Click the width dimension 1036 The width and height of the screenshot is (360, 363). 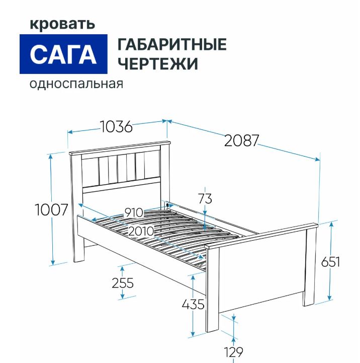[117, 126]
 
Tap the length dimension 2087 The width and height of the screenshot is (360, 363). [241, 140]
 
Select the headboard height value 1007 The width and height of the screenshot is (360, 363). [51, 209]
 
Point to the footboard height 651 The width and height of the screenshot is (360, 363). [331, 262]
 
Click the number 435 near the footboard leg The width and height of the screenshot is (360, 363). [193, 304]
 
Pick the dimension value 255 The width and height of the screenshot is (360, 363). [123, 283]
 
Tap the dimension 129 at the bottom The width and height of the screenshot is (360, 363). [233, 352]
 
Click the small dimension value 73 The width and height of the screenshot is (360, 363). [205, 199]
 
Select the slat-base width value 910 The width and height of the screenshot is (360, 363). [134, 212]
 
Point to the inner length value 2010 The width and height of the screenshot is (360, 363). [141, 231]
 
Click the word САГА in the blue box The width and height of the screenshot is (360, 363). [63, 55]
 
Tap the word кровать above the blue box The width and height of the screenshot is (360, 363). [62, 24]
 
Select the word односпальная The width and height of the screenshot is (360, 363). [76, 84]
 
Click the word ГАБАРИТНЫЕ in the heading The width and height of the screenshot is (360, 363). [172, 44]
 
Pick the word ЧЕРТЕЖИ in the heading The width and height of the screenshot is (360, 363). [158, 63]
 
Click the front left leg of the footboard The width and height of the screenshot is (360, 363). [213, 290]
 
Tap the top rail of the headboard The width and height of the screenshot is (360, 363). [120, 148]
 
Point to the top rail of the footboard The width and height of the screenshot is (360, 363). [261, 236]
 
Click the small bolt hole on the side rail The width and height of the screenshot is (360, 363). [167, 205]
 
